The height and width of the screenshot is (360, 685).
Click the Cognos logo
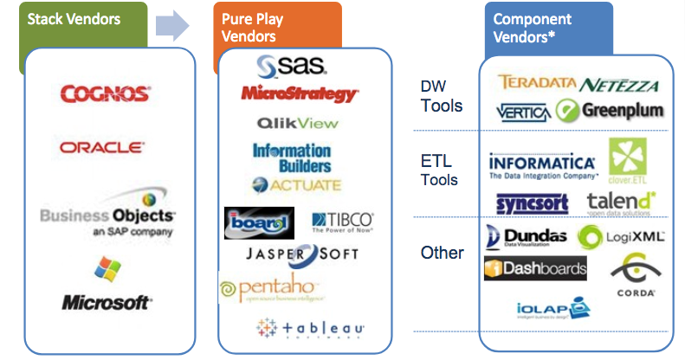[106, 93]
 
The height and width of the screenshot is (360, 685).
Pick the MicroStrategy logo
[299, 93]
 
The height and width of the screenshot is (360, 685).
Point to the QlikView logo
[297, 124]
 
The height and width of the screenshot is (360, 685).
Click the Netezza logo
[619, 85]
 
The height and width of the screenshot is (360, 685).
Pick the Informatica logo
[542, 164]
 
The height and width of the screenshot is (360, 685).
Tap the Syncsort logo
[533, 203]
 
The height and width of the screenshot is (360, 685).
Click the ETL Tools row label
[436, 170]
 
